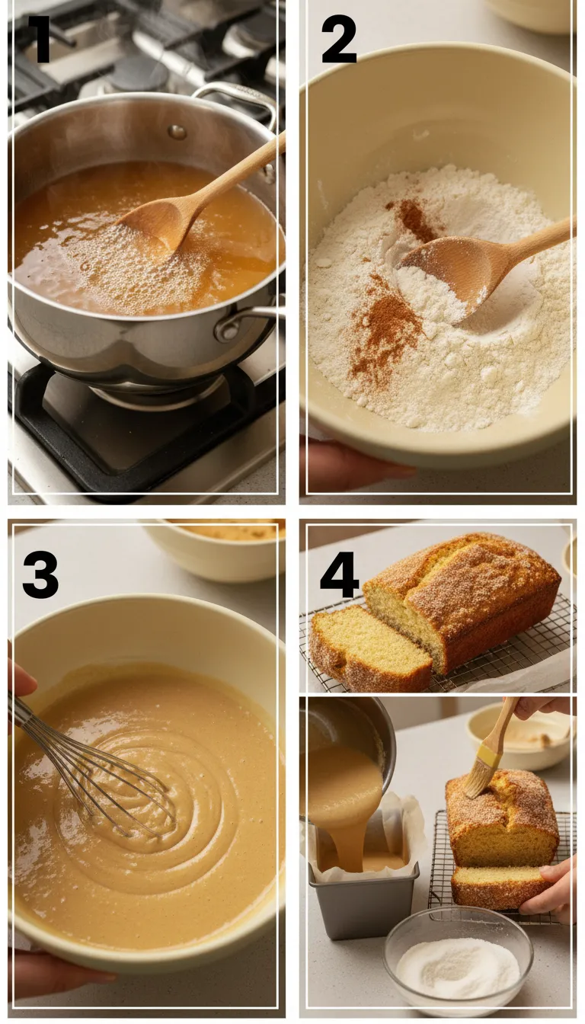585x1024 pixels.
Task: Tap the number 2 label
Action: (338, 40)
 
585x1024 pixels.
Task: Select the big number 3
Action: (40, 574)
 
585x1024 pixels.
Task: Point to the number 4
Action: (339, 576)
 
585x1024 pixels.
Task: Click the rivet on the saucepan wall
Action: (177, 131)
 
